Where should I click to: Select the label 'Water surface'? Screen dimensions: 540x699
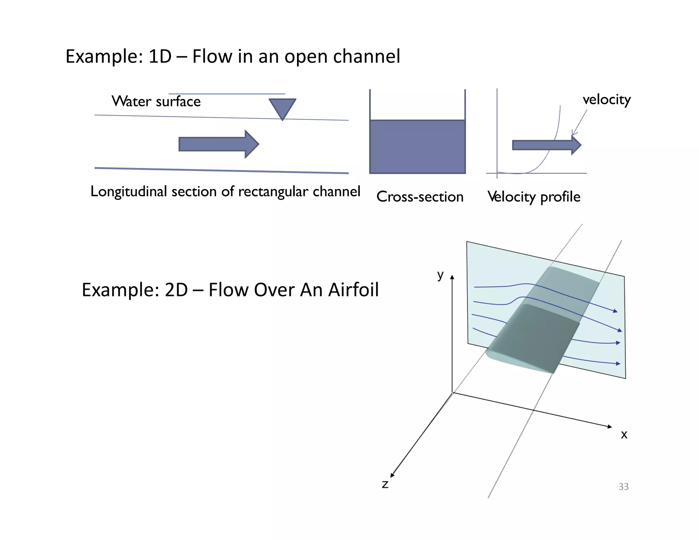coord(156,101)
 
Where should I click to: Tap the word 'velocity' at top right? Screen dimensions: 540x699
coord(607,100)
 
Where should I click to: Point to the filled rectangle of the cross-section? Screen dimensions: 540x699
coord(417,147)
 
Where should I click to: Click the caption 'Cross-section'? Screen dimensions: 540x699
coord(420,197)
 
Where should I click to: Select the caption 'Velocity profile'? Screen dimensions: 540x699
coord(534,197)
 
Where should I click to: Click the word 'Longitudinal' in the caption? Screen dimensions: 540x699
coord(129,191)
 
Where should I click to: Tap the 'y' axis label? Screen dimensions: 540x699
coord(440,274)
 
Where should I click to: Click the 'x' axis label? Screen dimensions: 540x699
coord(624,435)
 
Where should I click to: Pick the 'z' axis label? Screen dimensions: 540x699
coord(385,484)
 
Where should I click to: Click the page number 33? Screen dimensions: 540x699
coord(623,486)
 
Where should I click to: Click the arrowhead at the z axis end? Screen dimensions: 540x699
coord(392,475)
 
